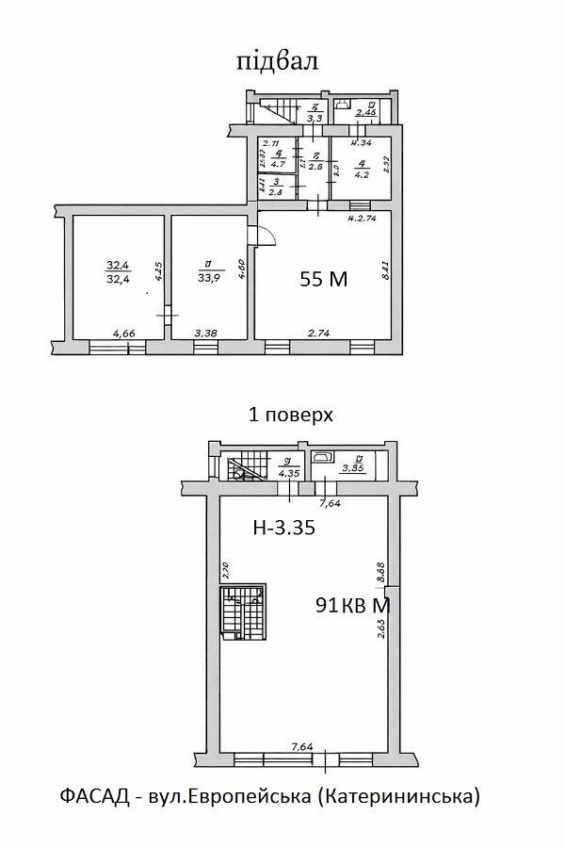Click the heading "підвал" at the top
[x=277, y=61]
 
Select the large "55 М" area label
[x=324, y=278]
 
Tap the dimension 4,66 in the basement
[x=124, y=334]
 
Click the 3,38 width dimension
[x=206, y=334]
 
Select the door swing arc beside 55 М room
[x=266, y=236]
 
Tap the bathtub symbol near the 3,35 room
[x=323, y=457]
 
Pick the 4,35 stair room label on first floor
[x=289, y=468]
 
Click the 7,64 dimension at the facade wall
[x=301, y=747]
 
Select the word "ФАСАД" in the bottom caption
[x=90, y=797]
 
